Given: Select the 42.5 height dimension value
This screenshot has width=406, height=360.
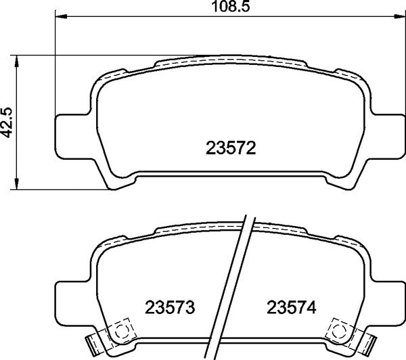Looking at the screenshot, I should (7, 122).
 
